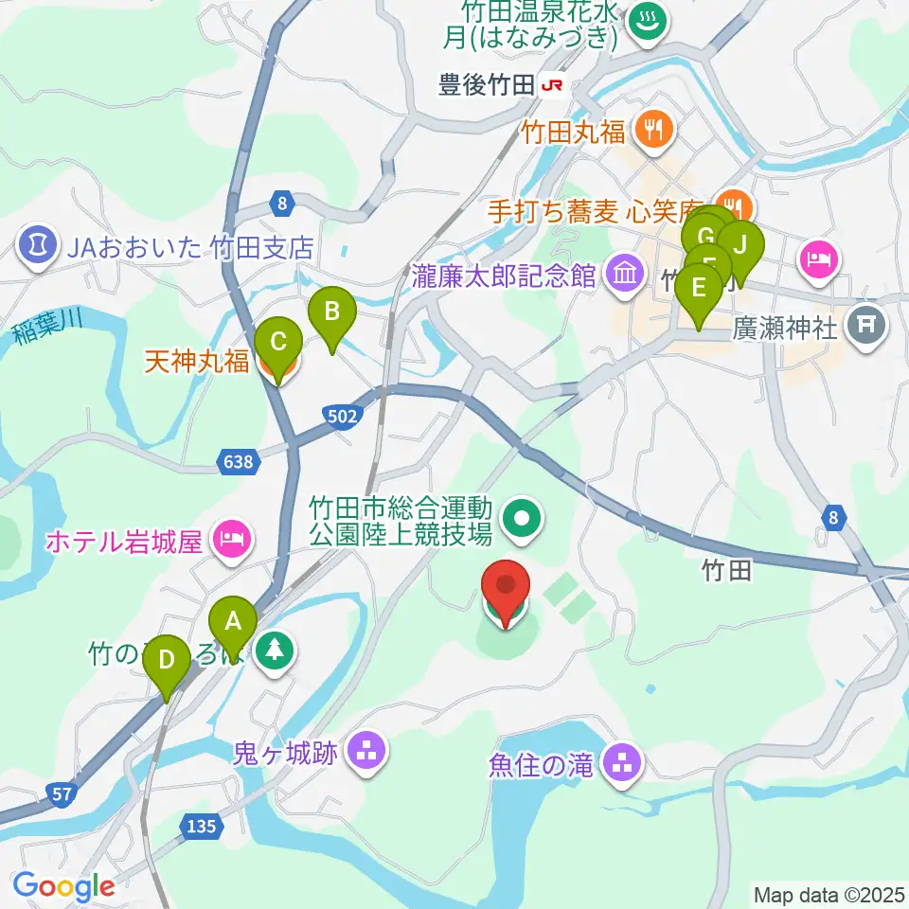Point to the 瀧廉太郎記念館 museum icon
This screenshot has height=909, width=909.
(624, 275)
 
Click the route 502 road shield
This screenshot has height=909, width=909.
(341, 415)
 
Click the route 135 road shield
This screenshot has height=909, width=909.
(202, 826)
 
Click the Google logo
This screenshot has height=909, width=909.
(63, 886)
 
